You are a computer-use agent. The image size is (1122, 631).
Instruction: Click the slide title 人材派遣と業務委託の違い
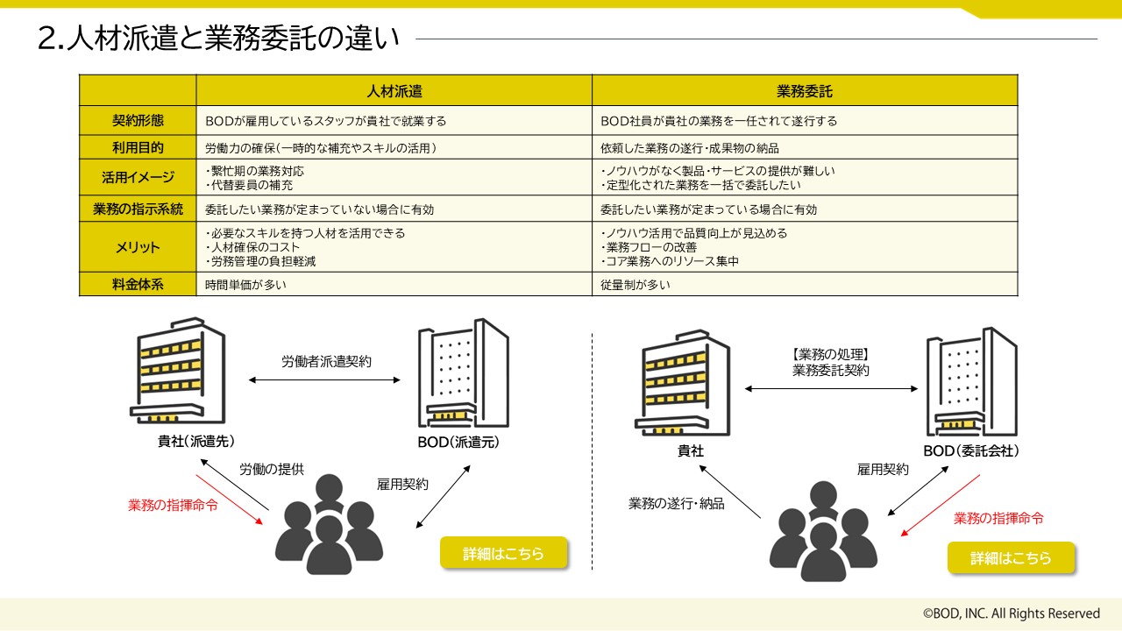coord(219,39)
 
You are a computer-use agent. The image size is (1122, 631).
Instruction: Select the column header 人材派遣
coord(394,90)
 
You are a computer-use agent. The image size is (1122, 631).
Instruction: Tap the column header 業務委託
coord(805,90)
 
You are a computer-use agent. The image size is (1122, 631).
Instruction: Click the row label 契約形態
coord(138,121)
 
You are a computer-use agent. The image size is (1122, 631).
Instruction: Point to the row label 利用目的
coord(138,147)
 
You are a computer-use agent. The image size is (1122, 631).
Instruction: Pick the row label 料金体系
coord(138,284)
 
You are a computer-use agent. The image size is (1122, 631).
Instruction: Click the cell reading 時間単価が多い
coord(246,284)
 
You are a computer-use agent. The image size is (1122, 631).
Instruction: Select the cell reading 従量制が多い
coord(636,284)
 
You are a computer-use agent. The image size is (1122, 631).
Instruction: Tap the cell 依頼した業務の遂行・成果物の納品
coord(690,147)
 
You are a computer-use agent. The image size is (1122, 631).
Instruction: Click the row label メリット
coord(138,247)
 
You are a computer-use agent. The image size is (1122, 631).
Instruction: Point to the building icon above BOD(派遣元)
coord(463,372)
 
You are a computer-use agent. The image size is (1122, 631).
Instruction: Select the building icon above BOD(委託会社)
coord(971,382)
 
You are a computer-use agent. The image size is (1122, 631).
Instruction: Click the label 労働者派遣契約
coord(326,361)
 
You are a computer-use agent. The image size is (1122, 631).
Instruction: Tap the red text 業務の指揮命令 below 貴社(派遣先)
coord(174,506)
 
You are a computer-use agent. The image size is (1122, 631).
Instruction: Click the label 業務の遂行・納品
coord(677,504)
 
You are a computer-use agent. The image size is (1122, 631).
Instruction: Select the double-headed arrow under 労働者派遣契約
coord(324,380)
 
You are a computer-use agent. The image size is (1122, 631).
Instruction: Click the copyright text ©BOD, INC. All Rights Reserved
coord(1011,613)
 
